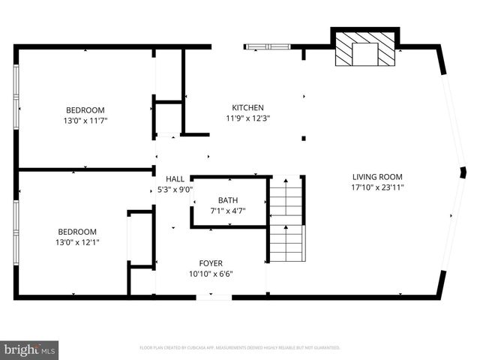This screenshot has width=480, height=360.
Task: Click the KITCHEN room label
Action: point(247,108)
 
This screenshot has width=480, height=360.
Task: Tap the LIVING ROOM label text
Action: point(378,178)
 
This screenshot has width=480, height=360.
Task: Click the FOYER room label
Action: point(210,263)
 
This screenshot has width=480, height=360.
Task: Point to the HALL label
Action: point(175,179)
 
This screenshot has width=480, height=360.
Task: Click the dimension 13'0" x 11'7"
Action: point(85,120)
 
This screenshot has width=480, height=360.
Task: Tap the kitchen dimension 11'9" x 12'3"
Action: point(247,118)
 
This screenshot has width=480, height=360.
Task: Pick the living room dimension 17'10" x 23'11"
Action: point(378,187)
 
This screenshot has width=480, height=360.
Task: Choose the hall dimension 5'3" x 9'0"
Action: point(175,189)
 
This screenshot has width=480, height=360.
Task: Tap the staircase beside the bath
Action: point(286,218)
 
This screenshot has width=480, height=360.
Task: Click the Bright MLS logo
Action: point(30,349)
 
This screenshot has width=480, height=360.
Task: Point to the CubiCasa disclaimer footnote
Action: point(240,348)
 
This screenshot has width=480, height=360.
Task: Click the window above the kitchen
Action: point(268,47)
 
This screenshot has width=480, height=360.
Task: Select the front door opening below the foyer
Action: point(214,298)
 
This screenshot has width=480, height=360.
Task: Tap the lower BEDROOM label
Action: point(77,232)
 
